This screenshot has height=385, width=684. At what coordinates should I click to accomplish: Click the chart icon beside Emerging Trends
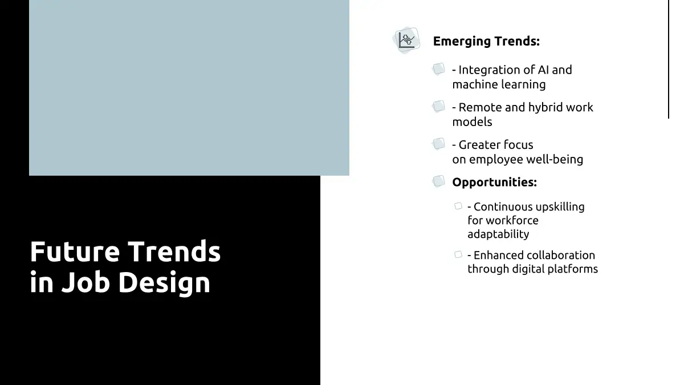click(x=406, y=40)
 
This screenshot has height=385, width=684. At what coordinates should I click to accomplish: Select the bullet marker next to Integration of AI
click(x=438, y=69)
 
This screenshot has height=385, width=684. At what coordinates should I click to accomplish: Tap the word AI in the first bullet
click(x=543, y=70)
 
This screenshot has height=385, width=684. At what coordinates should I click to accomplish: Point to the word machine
click(x=475, y=84)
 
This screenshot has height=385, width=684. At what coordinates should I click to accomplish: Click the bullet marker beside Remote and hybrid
click(x=438, y=106)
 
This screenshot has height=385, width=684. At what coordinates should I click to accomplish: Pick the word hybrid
click(x=545, y=108)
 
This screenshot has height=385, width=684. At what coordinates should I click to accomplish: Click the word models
click(x=472, y=122)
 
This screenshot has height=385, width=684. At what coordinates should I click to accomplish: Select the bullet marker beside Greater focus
click(x=438, y=144)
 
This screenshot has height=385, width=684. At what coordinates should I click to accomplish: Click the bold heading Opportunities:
click(x=494, y=183)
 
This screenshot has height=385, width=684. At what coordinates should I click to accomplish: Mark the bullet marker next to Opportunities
click(x=438, y=181)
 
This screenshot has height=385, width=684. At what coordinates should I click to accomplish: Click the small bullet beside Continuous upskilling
click(x=458, y=206)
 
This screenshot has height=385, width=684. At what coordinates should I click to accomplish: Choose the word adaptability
click(x=498, y=234)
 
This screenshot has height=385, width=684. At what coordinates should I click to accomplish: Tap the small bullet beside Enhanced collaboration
click(x=458, y=254)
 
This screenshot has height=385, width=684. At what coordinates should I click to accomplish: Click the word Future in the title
click(x=75, y=252)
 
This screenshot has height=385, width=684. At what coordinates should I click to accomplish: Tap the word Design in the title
click(x=164, y=283)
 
